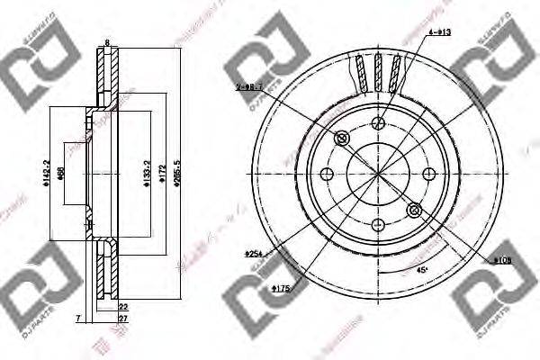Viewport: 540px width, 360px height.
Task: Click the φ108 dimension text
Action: click(504, 261)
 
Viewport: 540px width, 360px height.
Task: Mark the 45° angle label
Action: click(420, 269)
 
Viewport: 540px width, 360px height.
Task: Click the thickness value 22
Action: click(122, 308)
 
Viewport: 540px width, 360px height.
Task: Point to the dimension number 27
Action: click(122, 319)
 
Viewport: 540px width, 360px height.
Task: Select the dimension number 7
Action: click(79, 319)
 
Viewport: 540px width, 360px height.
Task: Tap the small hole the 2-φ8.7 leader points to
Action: click(341, 138)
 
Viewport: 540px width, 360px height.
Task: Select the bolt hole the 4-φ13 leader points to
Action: click(377, 123)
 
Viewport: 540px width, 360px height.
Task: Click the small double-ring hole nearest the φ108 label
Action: click(414, 210)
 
